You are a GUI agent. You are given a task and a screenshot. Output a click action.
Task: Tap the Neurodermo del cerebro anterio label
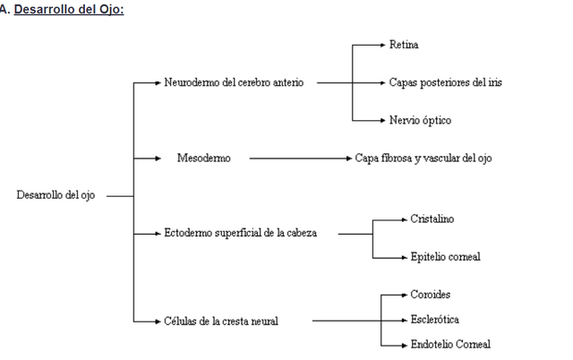tap(234, 82)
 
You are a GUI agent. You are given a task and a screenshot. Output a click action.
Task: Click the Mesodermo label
tap(203, 158)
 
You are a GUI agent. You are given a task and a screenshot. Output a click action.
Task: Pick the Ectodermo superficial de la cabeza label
tap(240, 233)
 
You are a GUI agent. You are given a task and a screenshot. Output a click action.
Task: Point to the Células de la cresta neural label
tap(221, 321)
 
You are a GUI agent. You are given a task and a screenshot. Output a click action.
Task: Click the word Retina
tap(404, 44)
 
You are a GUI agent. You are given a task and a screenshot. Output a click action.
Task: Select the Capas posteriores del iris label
tap(445, 82)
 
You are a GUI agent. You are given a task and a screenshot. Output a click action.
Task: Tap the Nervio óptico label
tap(418, 120)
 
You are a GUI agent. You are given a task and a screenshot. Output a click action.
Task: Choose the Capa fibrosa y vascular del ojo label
tap(423, 158)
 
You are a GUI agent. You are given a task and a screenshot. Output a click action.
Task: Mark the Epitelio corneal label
tap(445, 256)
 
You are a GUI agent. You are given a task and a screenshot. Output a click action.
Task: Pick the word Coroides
tap(432, 295)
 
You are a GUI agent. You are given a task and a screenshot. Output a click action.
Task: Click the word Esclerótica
tap(434, 319)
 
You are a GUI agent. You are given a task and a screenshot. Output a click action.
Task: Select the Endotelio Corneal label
tap(449, 344)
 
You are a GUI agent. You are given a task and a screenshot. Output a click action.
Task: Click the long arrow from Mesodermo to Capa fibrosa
tap(300, 158)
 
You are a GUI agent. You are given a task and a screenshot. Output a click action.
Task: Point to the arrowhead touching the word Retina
tap(382, 44)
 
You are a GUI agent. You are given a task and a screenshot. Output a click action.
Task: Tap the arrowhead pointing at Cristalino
tap(403, 219)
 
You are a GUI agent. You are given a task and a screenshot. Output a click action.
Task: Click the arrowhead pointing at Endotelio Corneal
tap(403, 344)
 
